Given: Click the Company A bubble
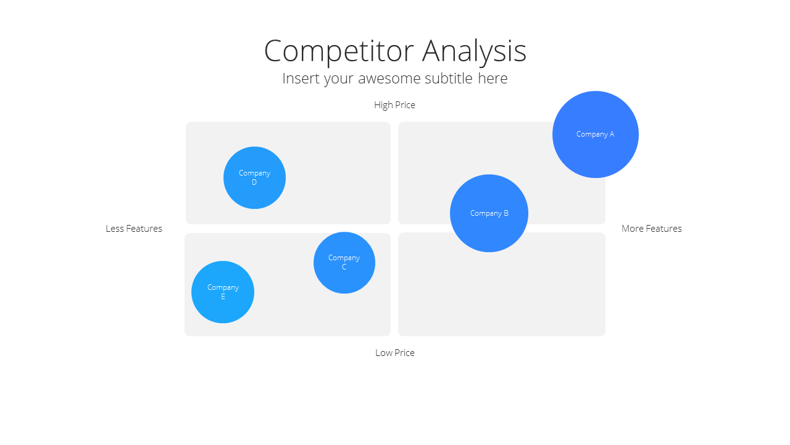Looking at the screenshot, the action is pyautogui.click(x=596, y=134).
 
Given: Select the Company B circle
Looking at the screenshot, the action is pyautogui.click(x=489, y=213).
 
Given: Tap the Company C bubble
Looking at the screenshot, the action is pyautogui.click(x=344, y=263).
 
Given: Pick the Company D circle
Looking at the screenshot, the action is pyautogui.click(x=254, y=177).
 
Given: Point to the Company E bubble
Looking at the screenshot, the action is pyautogui.click(x=223, y=292).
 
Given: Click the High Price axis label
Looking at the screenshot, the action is pyautogui.click(x=394, y=105).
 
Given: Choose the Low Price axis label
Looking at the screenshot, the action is pyautogui.click(x=394, y=353).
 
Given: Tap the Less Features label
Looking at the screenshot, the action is pyautogui.click(x=134, y=229).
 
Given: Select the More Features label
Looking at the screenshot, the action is pyautogui.click(x=651, y=229).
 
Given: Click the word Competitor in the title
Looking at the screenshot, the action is pyautogui.click(x=339, y=51).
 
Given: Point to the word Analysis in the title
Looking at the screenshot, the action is pyautogui.click(x=474, y=51).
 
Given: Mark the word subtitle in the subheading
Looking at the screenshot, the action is pyautogui.click(x=449, y=78).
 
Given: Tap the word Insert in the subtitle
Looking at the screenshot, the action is pyautogui.click(x=301, y=78).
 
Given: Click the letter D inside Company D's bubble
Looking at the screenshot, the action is pyautogui.click(x=254, y=182).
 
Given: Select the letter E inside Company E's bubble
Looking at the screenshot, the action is pyautogui.click(x=223, y=297).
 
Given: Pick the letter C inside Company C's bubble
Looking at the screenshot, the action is pyautogui.click(x=344, y=267).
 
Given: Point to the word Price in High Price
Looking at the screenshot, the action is pyautogui.click(x=405, y=105).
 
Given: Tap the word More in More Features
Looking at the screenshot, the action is pyautogui.click(x=631, y=229).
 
